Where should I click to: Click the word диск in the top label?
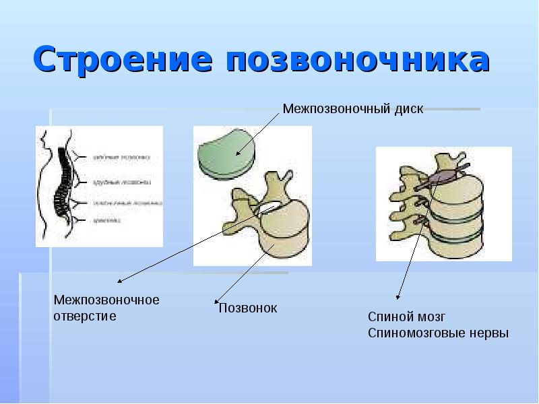(410, 109)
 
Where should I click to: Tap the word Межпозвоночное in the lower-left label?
(106, 300)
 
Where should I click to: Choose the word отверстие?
(85, 315)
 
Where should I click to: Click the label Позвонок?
(248, 308)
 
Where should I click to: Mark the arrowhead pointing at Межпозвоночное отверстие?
(120, 282)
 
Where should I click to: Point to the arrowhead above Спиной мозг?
(399, 297)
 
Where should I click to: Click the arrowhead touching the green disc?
(236, 154)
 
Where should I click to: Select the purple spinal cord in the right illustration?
(441, 178)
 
